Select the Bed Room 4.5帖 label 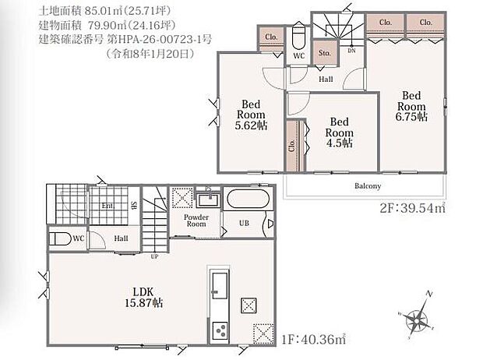[x=340, y=132]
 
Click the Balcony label [x=367, y=186]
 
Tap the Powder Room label [x=196, y=220]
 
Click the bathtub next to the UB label [x=248, y=199]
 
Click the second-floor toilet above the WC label [x=298, y=39]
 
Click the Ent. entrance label [x=107, y=206]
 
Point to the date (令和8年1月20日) [x=149, y=54]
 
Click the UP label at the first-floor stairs [x=154, y=256]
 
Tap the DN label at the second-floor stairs [x=351, y=51]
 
